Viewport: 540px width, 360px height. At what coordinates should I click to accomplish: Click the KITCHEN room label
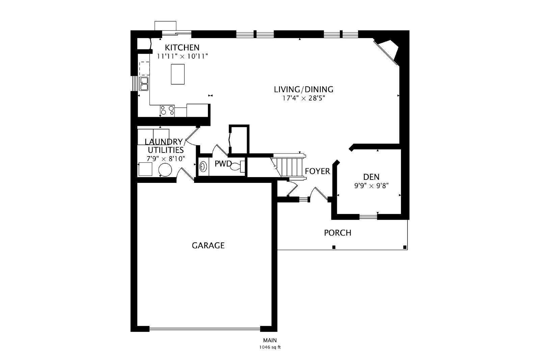[x=182, y=48]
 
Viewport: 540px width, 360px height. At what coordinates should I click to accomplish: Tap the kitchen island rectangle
[x=178, y=74]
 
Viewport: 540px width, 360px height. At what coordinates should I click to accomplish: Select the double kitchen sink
[x=144, y=84]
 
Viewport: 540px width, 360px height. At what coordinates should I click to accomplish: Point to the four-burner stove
[x=167, y=111]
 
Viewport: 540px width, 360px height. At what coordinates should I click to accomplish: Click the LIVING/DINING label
[x=303, y=89]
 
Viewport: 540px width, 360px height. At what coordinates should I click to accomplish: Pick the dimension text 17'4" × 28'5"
[x=304, y=98]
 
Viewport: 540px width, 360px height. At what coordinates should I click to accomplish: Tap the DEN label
[x=371, y=177]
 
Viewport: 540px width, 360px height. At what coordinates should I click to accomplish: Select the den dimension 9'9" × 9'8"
[x=371, y=186]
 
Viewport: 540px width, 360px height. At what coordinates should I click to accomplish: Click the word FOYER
[x=317, y=171]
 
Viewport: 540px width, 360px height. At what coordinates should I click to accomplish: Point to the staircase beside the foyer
[x=289, y=167]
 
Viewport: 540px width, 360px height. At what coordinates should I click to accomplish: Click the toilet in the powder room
[x=237, y=166]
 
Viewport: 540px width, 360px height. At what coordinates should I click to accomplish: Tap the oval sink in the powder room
[x=203, y=167]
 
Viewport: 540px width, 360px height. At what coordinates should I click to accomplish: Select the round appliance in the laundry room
[x=165, y=170]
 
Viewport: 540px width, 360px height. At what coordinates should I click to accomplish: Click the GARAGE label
[x=208, y=246]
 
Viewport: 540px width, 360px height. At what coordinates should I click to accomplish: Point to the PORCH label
[x=337, y=233]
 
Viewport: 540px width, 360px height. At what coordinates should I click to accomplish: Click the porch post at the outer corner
[x=405, y=247]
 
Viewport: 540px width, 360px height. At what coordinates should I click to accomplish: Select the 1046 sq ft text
[x=270, y=347]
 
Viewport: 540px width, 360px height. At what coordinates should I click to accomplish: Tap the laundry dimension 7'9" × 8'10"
[x=166, y=159]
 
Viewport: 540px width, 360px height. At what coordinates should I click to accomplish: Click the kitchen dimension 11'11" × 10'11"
[x=183, y=56]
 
